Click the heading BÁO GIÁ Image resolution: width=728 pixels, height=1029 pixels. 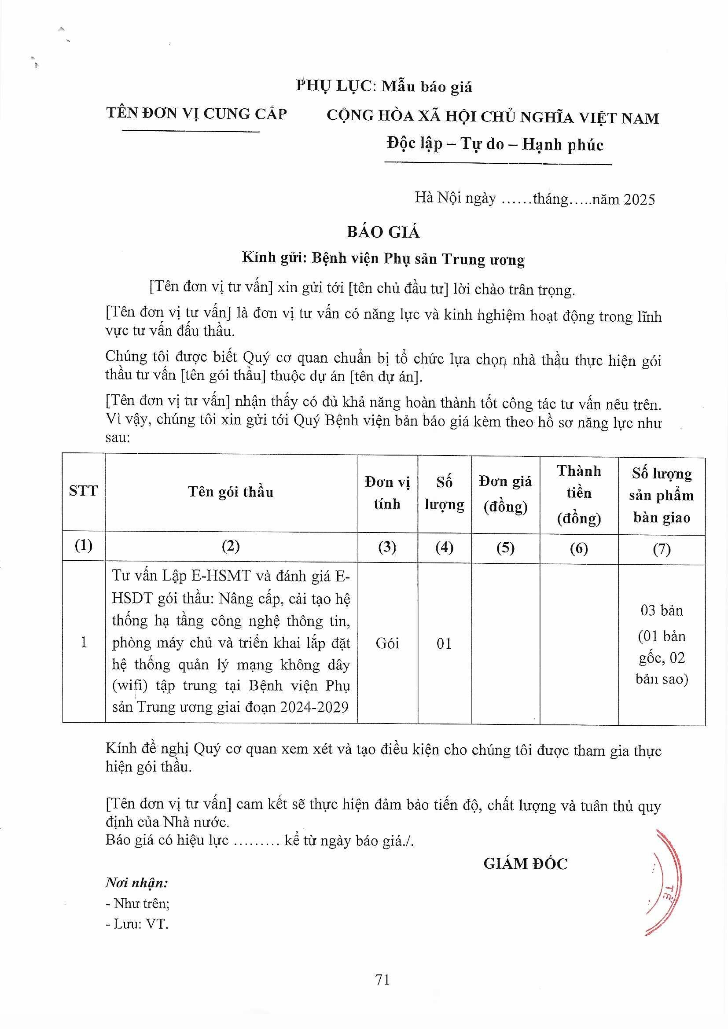click(383, 232)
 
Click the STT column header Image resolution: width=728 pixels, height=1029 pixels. click(83, 491)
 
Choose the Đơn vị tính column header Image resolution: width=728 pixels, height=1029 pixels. click(387, 493)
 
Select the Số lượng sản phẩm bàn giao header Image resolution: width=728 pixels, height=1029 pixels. click(661, 495)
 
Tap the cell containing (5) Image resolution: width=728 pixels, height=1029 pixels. click(505, 548)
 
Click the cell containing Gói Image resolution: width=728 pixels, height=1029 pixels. click(387, 643)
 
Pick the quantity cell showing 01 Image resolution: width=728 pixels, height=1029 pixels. click(444, 643)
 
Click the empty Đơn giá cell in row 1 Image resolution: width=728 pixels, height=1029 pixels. click(505, 643)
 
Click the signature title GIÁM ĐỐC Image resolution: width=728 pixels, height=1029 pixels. click(526, 864)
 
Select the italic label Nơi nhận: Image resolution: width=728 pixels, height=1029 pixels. click(137, 883)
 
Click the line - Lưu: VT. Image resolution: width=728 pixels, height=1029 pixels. click(137, 924)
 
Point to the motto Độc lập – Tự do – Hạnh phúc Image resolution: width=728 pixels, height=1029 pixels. click(495, 144)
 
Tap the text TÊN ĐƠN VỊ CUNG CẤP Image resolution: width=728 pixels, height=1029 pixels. click(196, 114)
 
